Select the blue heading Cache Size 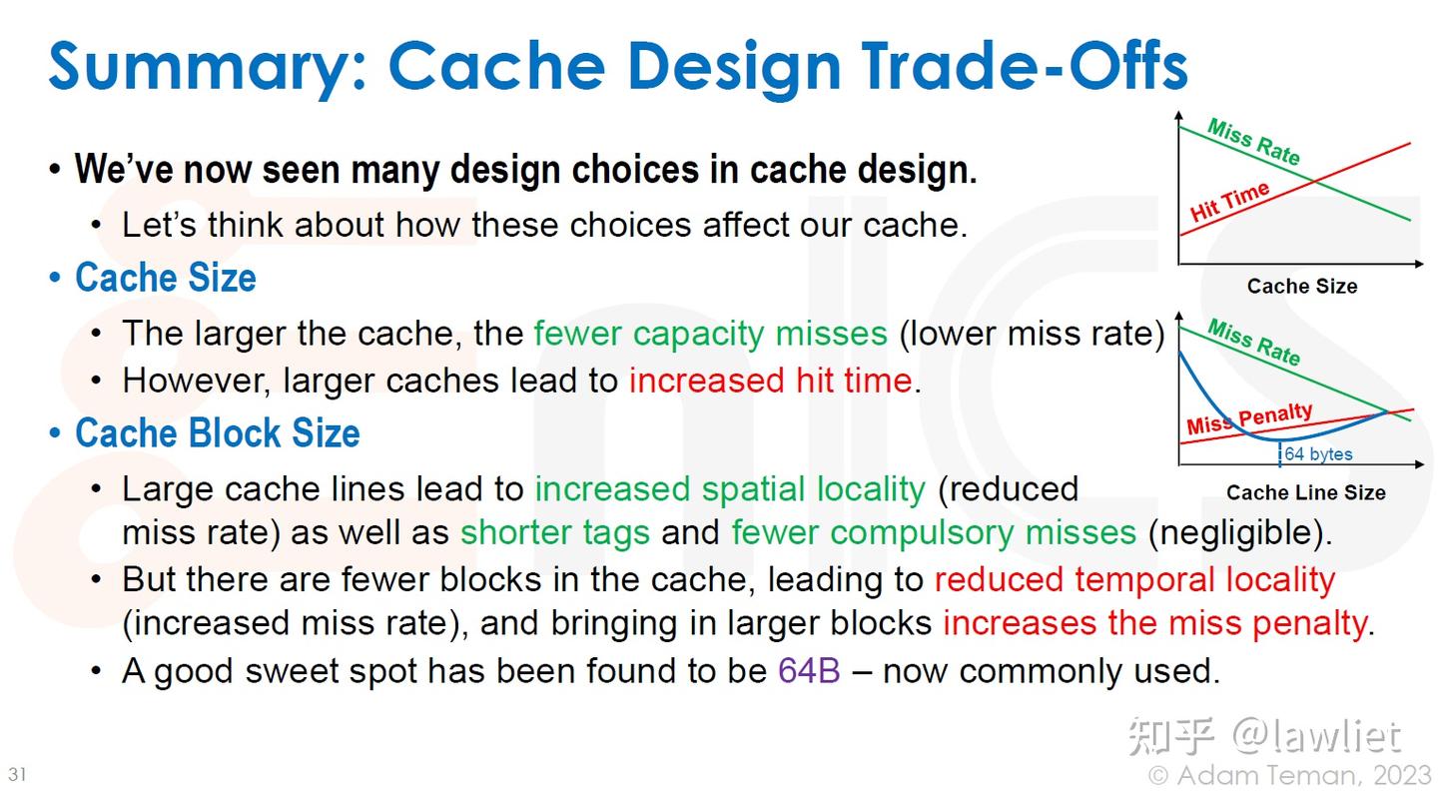tap(166, 278)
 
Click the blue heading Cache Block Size tap(218, 432)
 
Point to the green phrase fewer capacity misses tap(711, 334)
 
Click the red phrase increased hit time tap(770, 381)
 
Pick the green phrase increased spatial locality tap(731, 490)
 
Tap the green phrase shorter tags tap(555, 533)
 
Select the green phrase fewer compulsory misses tap(934, 533)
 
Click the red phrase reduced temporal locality tap(1135, 580)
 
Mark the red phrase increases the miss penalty tap(1155, 623)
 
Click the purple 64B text tap(809, 670)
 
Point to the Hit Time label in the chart tap(1229, 201)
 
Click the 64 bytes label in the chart tap(1318, 454)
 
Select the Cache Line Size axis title tap(1306, 492)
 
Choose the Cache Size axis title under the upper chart tap(1302, 286)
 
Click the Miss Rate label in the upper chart tap(1254, 142)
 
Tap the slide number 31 tap(17, 774)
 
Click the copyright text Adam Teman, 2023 tap(1289, 776)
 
